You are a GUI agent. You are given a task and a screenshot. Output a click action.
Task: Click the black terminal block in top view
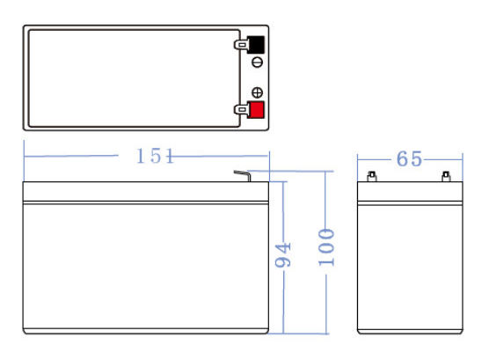pos(256,45)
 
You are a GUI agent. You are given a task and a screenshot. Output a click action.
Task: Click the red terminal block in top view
pos(256,110)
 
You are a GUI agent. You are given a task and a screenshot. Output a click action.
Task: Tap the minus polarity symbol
pos(258,62)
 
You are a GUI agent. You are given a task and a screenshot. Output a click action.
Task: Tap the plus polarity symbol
pos(258,92)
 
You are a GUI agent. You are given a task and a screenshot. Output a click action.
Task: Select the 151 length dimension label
pos(155,156)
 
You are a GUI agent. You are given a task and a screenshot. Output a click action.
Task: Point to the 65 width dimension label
pos(409,159)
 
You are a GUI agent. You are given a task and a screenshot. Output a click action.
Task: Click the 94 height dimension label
pos(282,255)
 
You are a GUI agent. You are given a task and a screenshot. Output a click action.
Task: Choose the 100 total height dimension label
pos(326,247)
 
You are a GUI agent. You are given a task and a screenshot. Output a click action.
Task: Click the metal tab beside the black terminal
pos(241,45)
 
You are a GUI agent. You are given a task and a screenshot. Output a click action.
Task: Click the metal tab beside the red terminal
pos(241,110)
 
